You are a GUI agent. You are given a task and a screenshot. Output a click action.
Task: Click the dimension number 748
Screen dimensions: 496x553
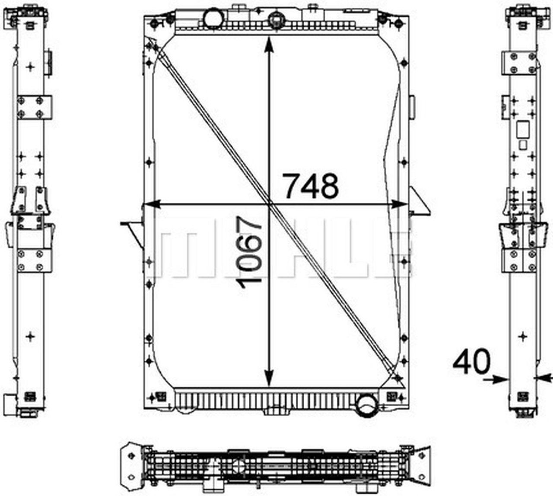point(310,186)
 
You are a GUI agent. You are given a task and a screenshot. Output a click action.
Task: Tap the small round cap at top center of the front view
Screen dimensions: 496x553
point(275,19)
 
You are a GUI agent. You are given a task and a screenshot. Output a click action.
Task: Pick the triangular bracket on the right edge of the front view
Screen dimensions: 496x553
point(420,203)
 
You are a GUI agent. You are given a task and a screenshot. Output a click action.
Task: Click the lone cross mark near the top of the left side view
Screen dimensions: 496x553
point(30,67)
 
